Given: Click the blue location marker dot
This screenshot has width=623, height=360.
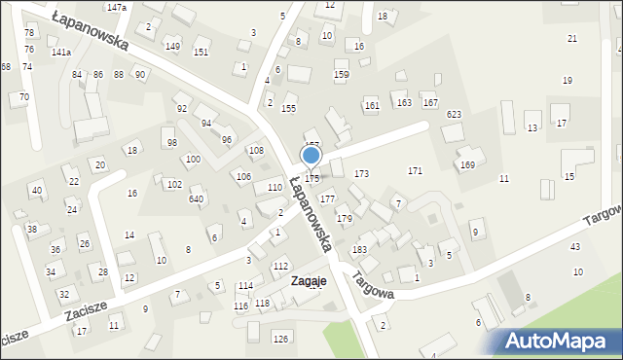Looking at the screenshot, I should coord(311,155).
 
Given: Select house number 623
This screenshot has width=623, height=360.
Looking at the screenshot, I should coord(454,114).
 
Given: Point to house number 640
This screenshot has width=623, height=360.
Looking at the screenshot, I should coord(196,198).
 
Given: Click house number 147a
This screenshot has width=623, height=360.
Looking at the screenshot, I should coord(117,7).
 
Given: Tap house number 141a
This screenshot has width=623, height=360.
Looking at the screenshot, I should coord(60,52).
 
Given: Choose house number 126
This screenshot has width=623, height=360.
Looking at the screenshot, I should coord(280,339).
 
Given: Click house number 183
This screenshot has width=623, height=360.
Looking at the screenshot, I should coord(359,250).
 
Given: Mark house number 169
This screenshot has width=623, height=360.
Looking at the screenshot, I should coord(467,165).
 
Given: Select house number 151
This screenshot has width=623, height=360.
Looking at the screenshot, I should coord(201,52).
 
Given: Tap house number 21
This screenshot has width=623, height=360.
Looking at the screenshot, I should coord(572,38).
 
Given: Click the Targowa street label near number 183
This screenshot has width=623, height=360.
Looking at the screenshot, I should coord(375,283).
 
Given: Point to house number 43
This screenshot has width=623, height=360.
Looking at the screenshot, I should coord(575,247).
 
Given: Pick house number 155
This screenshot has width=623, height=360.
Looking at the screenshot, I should coord(288,108).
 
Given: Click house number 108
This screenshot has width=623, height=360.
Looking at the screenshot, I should coord(256,150).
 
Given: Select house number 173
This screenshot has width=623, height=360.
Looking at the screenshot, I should coord(361,173).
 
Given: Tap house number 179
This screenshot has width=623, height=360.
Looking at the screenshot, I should coord(344,218).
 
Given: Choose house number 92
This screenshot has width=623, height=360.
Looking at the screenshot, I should coord(181,108).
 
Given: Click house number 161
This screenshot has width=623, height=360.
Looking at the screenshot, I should coord(371,104).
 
